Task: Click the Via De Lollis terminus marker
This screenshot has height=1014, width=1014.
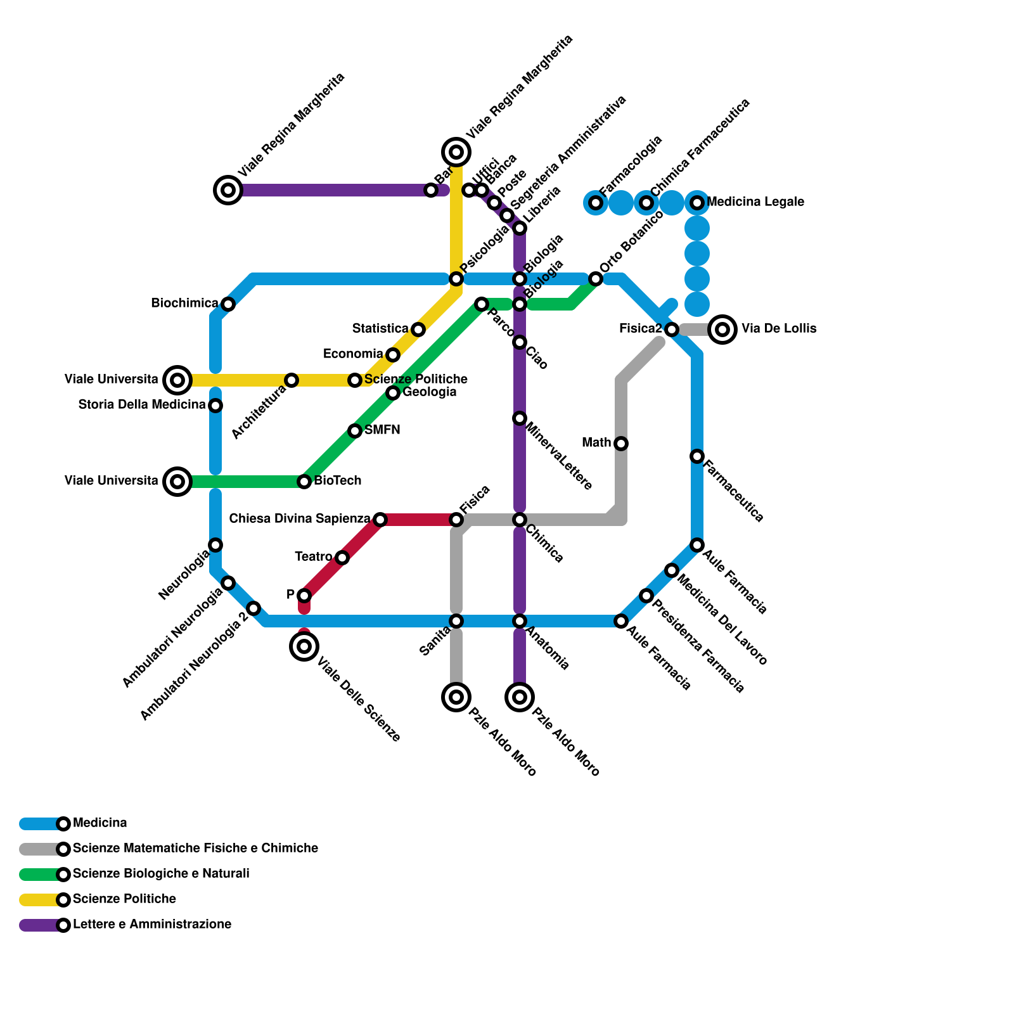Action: pos(722,330)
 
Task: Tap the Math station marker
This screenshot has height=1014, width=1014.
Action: pos(621,444)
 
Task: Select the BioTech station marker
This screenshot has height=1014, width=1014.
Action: pos(304,482)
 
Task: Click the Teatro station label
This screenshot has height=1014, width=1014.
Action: pos(313,557)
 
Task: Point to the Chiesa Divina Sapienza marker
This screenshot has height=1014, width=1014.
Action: pos(380,520)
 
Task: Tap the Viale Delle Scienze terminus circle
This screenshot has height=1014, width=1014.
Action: pos(304,646)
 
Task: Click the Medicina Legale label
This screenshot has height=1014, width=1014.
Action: pos(755,202)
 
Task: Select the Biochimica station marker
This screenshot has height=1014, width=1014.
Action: pos(228,304)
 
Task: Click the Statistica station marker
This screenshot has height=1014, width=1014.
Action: pos(418,330)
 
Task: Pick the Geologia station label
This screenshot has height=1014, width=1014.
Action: pos(429,392)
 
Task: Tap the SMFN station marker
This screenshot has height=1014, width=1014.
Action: pos(355,431)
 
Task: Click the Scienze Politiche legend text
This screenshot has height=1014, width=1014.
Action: pos(124,899)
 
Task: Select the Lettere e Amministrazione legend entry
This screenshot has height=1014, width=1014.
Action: pos(151,925)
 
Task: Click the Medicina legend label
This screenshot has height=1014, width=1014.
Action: pos(99,823)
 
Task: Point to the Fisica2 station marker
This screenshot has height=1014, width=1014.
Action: pos(672,330)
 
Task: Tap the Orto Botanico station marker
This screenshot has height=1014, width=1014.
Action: pos(596,279)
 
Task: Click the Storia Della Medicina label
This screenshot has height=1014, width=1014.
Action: pos(142,404)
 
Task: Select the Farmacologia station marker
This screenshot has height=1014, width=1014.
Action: pos(596,203)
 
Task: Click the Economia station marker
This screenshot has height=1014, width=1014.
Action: pos(393,355)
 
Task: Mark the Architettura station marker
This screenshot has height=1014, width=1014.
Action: pos(292,380)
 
